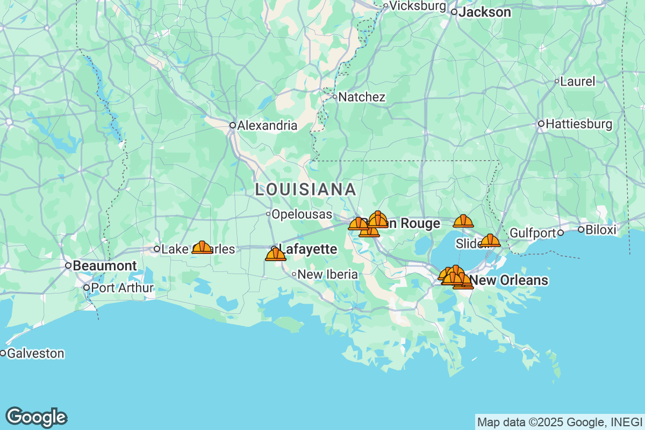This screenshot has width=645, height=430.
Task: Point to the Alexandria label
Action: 267,125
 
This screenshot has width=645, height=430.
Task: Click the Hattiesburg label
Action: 578,124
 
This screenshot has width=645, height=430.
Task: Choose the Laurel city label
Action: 577,82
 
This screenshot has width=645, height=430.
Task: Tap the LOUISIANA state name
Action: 305,189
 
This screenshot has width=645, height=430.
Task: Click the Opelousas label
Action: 301,214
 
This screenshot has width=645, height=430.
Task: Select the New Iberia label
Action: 327,274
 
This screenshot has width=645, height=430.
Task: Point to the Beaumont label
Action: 104,266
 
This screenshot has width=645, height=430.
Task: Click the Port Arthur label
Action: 122,288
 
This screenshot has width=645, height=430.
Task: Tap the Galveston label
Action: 35,353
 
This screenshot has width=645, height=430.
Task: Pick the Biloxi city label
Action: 601,230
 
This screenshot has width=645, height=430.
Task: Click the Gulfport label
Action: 532,233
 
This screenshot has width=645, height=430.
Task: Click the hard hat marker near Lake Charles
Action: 202,247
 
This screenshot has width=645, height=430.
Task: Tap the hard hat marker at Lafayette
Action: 276,254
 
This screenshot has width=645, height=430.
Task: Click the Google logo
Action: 36,417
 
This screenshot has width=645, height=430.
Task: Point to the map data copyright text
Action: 559,421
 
